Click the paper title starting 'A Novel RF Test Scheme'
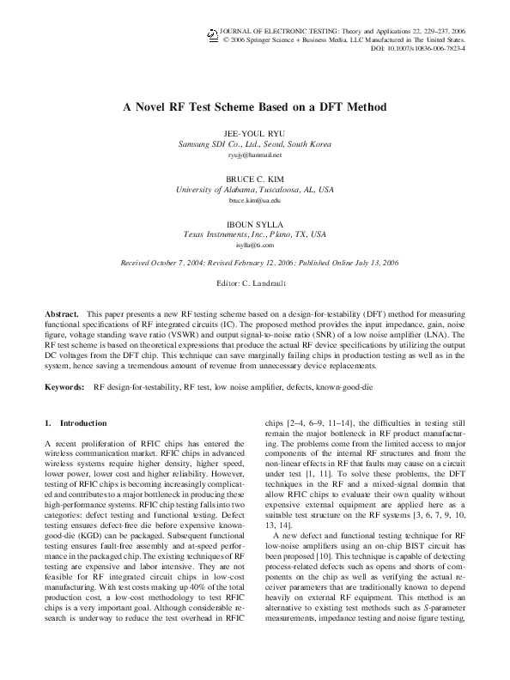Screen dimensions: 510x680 254,107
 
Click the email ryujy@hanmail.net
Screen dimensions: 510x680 254,155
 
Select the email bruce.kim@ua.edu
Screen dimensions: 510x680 254,200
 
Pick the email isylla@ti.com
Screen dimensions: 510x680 254,245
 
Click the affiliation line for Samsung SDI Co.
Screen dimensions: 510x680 254,144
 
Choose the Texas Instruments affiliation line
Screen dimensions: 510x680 254,234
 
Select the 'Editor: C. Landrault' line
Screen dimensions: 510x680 254,282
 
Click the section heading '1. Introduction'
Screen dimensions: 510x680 76,423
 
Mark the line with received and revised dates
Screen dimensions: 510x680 254,263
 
